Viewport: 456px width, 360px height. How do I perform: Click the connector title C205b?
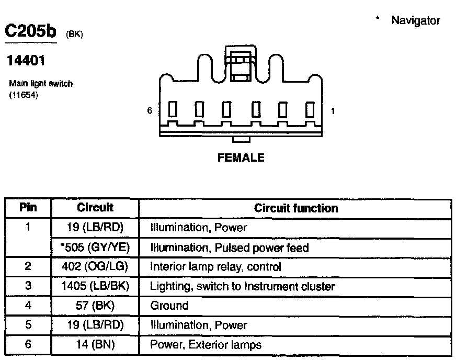pyautogui.click(x=30, y=31)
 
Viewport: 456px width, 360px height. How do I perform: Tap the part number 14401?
pyautogui.click(x=25, y=61)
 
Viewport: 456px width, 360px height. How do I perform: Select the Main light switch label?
pyautogui.click(x=41, y=84)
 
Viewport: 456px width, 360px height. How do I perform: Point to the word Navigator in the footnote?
pyautogui.click(x=416, y=21)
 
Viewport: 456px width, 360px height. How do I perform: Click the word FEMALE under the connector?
pyautogui.click(x=241, y=157)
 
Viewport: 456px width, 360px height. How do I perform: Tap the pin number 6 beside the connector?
pyautogui.click(x=150, y=111)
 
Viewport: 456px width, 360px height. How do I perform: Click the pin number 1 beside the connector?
pyautogui.click(x=333, y=111)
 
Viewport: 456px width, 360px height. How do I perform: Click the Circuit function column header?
pyautogui.click(x=296, y=208)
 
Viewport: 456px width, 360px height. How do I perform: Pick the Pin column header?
pyautogui.click(x=28, y=208)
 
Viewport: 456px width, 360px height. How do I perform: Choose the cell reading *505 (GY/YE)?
pyautogui.click(x=95, y=247)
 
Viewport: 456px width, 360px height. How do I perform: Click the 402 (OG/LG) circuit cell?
pyautogui.click(x=95, y=266)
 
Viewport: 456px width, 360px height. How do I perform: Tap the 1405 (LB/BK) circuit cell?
pyautogui.click(x=95, y=286)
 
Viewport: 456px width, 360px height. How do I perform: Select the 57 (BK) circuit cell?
pyautogui.click(x=95, y=306)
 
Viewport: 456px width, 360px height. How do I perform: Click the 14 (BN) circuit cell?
pyautogui.click(x=95, y=344)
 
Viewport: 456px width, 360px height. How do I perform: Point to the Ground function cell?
pyautogui.click(x=169, y=306)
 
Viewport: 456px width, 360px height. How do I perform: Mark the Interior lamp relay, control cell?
pyautogui.click(x=215, y=266)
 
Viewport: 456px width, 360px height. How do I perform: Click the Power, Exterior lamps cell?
pyautogui.click(x=206, y=344)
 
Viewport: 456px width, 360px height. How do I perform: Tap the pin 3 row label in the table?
pyautogui.click(x=28, y=286)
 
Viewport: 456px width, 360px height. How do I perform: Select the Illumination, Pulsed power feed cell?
pyautogui.click(x=229, y=247)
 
